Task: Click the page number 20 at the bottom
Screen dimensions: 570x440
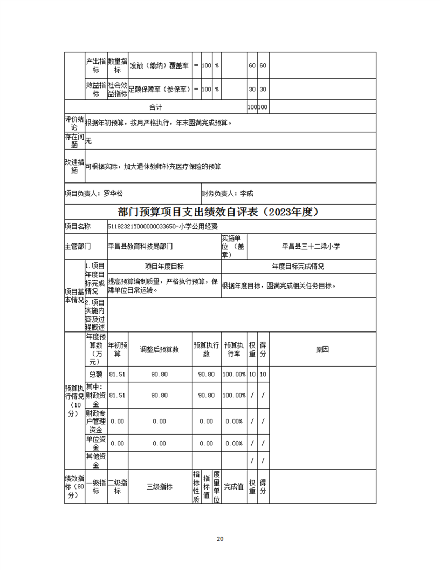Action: pyautogui.click(x=219, y=539)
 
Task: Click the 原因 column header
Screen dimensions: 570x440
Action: pyautogui.click(x=322, y=349)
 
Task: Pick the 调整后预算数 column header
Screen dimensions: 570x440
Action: pyautogui.click(x=159, y=349)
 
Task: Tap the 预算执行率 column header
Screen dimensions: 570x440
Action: pyautogui.click(x=235, y=349)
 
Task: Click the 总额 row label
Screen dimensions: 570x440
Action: pyautogui.click(x=95, y=374)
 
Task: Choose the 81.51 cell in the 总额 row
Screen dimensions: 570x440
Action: pyautogui.click(x=117, y=374)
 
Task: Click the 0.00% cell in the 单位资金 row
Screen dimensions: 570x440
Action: pyautogui.click(x=235, y=443)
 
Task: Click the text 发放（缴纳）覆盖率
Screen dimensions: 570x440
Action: pyautogui.click(x=159, y=65)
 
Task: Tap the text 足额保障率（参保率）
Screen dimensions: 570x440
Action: pyautogui.click(x=160, y=89)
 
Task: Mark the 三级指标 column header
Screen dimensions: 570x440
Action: pyautogui.click(x=159, y=486)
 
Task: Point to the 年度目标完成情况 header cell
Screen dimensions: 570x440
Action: pyautogui.click(x=298, y=266)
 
